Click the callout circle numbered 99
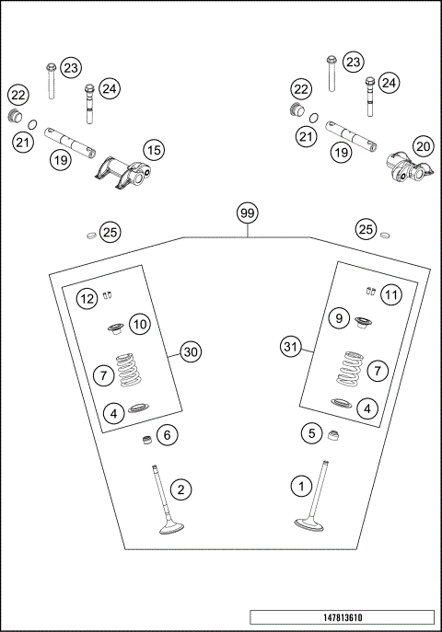tap(247, 213)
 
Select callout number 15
tap(153, 149)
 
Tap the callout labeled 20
tap(423, 145)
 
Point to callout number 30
tap(191, 351)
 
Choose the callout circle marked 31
tap(291, 347)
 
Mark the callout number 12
tap(87, 298)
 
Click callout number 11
tap(391, 294)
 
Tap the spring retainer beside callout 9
tap(360, 321)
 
